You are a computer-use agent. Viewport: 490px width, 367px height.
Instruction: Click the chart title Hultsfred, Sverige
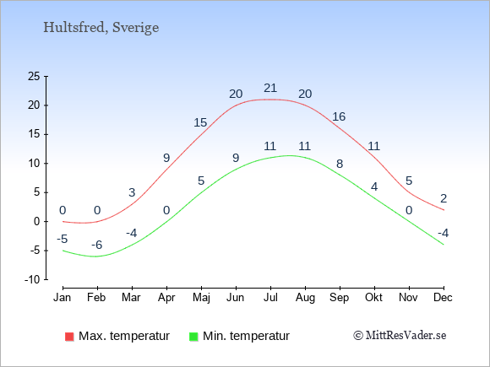pyautogui.click(x=101, y=28)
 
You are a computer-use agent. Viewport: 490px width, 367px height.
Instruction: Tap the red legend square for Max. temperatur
pyautogui.click(x=69, y=337)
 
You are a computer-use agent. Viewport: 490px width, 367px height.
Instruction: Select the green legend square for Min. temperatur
pyautogui.click(x=193, y=337)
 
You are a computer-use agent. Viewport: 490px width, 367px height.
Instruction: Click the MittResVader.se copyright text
pyautogui.click(x=400, y=336)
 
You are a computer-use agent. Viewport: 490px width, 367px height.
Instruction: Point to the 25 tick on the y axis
pyautogui.click(x=34, y=76)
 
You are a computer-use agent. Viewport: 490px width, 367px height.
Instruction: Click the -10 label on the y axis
pyautogui.click(x=32, y=279)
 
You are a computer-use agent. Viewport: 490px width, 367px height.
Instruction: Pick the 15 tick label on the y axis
pyautogui.click(x=34, y=134)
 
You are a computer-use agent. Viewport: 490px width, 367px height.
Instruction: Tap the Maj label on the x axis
pyautogui.click(x=201, y=298)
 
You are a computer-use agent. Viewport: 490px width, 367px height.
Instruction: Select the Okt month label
pyautogui.click(x=373, y=298)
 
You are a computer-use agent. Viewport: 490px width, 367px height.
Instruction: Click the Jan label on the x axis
pyautogui.click(x=63, y=298)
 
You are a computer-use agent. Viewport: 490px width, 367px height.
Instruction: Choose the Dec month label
pyautogui.click(x=443, y=298)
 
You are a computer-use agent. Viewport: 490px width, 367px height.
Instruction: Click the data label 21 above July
pyautogui.click(x=270, y=89)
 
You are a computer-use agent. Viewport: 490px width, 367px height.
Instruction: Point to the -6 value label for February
pyautogui.click(x=97, y=245)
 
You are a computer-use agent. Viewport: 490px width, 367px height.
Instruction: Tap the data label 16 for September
pyautogui.click(x=339, y=117)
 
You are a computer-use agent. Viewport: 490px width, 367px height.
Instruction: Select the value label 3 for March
pyautogui.click(x=132, y=193)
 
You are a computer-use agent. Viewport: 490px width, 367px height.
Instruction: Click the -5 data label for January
pyautogui.click(x=63, y=240)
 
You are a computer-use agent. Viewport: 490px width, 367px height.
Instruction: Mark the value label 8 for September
pyautogui.click(x=340, y=164)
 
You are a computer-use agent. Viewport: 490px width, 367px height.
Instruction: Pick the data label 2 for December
pyautogui.click(x=444, y=198)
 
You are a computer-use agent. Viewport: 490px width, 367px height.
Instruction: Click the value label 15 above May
pyautogui.click(x=200, y=122)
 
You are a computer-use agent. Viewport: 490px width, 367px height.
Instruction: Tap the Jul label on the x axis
pyautogui.click(x=270, y=298)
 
